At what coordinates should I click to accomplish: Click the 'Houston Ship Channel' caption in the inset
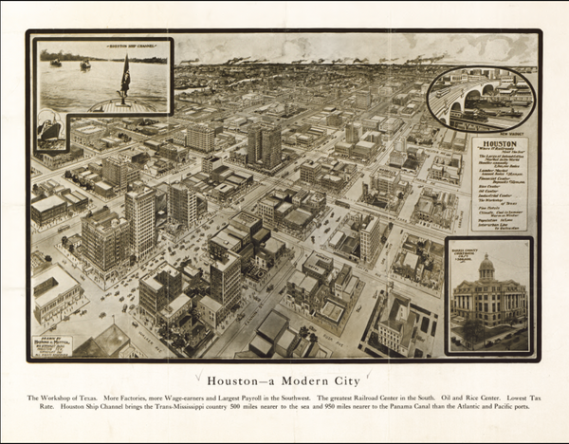(x=104, y=46)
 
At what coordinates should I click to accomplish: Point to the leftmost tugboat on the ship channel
(x=55, y=64)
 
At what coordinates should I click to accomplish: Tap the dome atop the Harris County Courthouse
(x=488, y=265)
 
